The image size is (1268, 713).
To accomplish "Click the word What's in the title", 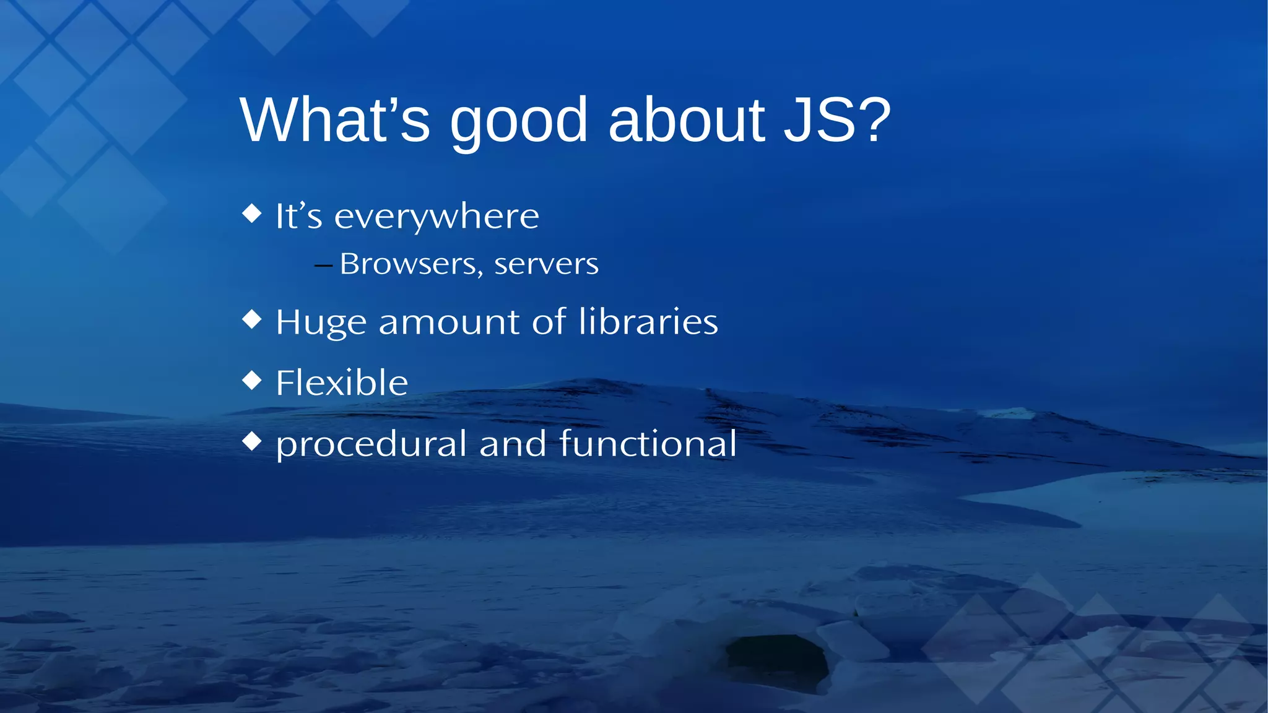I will [x=334, y=120].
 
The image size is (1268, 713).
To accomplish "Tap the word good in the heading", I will [x=518, y=123].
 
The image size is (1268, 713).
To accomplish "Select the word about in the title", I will [x=687, y=120].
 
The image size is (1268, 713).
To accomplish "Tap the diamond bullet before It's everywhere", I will [x=252, y=214].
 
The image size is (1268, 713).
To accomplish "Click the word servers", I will [x=546, y=265].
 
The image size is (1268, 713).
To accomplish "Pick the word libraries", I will [x=648, y=322].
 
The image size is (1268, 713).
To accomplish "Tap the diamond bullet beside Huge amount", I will [x=252, y=319].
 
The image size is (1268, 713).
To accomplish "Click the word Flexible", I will [x=342, y=382].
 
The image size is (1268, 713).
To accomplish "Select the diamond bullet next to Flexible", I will [x=252, y=380].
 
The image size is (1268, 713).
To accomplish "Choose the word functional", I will [x=648, y=444].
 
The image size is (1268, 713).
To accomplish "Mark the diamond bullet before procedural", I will [x=252, y=441].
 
